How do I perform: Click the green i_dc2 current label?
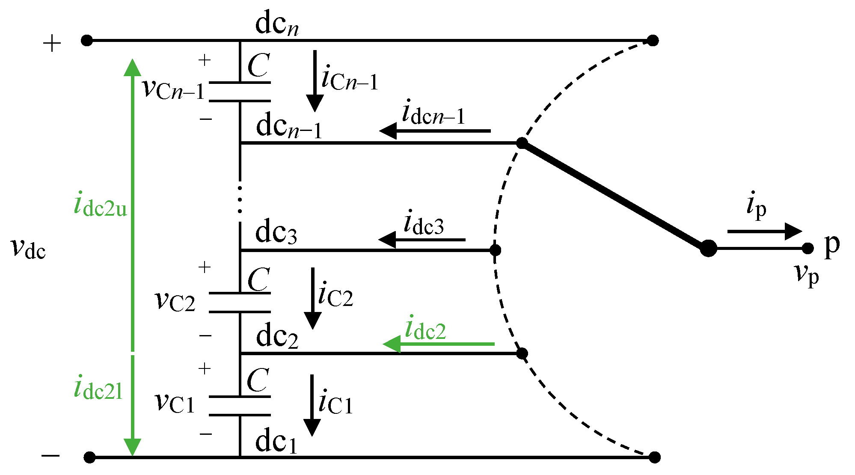425,329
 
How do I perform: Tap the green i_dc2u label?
101,206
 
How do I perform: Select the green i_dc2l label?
98,389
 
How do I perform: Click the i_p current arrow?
764,232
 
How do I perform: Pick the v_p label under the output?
807,274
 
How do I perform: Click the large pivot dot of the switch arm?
708,248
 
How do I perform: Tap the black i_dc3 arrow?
422,240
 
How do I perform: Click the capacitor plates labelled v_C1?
240,406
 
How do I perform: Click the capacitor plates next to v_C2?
240,302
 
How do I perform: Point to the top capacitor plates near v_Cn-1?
240,91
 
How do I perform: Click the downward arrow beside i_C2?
313,298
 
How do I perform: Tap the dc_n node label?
276,24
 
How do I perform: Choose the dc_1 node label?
276,442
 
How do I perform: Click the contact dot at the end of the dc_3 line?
495,250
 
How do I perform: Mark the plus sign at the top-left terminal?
52,44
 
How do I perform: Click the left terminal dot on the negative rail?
89,457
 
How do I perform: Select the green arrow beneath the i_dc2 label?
438,344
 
